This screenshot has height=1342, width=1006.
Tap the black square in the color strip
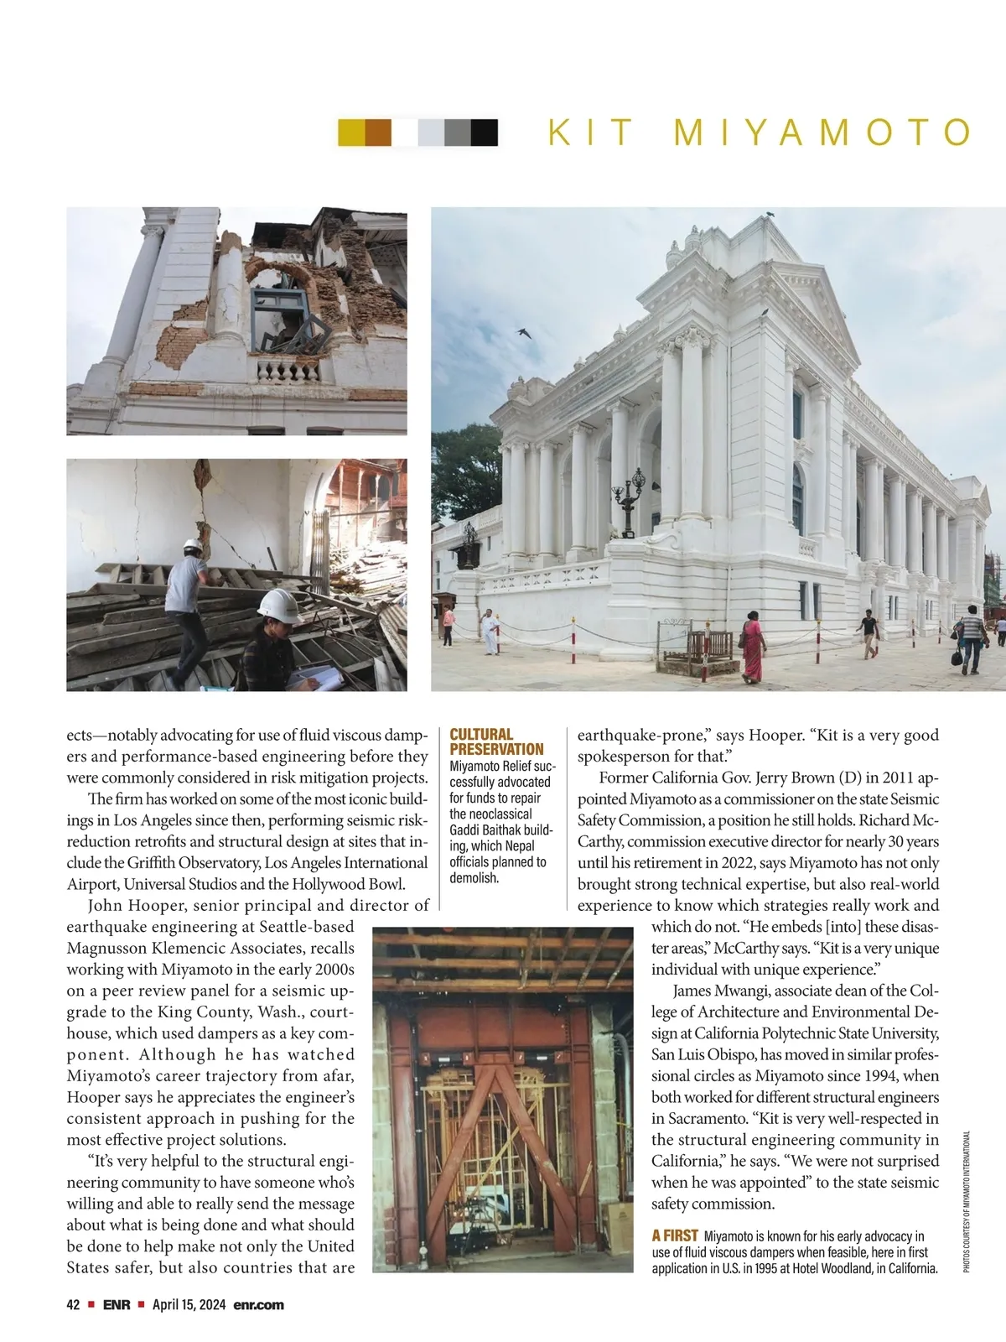point(485,133)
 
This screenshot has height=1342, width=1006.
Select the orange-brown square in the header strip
point(378,133)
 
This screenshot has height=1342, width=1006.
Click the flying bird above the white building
point(524,333)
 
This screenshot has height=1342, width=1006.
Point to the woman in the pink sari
point(752,647)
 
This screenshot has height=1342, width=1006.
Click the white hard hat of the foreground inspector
point(279,605)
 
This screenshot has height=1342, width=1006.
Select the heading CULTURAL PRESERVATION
point(496,741)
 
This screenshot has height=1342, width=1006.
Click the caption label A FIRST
point(675,1235)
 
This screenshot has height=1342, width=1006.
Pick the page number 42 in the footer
point(73,1305)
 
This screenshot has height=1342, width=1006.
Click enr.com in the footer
point(258,1305)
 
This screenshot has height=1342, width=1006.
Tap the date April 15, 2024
point(189,1305)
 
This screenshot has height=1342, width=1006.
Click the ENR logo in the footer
point(117,1305)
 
